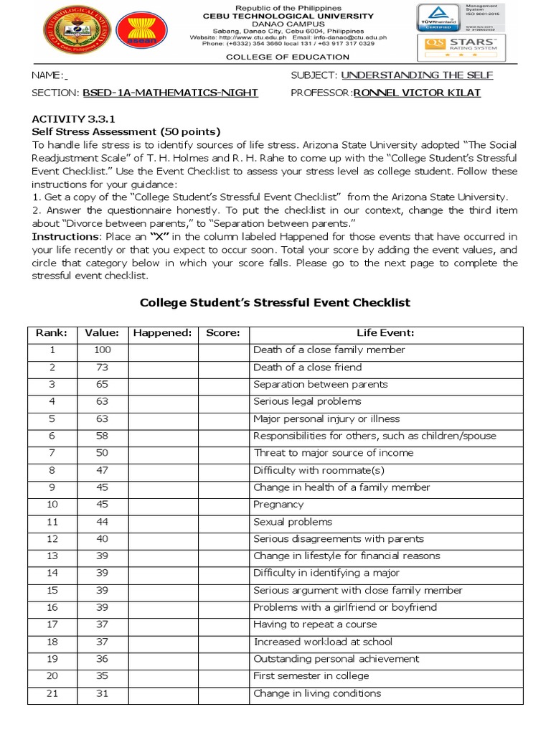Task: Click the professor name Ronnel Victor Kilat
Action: click(417, 93)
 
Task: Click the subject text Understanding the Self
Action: click(417, 75)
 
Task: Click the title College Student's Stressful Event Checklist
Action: click(275, 302)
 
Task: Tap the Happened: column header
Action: click(163, 333)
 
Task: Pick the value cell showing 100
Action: click(103, 350)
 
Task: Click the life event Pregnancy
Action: click(278, 505)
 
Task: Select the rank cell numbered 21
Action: click(52, 693)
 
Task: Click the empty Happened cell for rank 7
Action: click(163, 453)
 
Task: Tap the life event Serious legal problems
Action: click(307, 401)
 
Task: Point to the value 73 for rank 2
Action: click(103, 367)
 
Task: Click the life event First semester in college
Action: click(311, 676)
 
